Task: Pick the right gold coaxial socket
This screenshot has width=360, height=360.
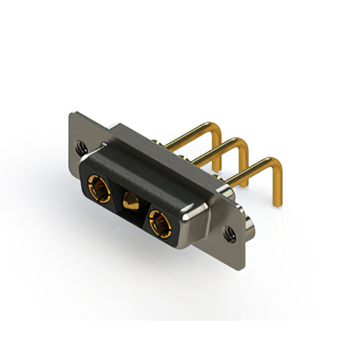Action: tap(159, 224)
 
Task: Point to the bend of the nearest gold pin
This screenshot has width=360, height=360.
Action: tap(276, 163)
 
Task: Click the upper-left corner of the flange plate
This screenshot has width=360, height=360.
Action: tap(72, 114)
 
